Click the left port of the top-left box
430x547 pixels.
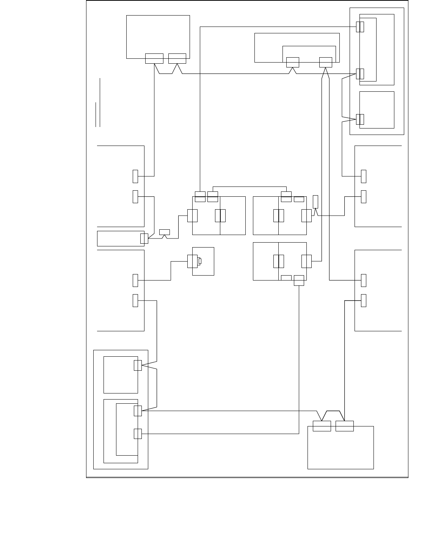(x=154, y=58)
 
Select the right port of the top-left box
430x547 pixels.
(x=177, y=58)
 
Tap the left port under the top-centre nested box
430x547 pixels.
(x=292, y=62)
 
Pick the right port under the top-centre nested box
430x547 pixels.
(x=326, y=62)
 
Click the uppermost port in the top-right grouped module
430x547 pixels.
(x=360, y=27)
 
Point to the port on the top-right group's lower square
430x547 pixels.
(x=360, y=119)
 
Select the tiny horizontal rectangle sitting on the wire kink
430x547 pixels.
(x=165, y=232)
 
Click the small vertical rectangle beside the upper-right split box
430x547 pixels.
(x=315, y=202)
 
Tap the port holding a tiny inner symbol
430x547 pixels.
(x=192, y=262)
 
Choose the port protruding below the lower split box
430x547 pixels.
(x=299, y=281)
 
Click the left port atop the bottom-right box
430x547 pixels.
(x=322, y=426)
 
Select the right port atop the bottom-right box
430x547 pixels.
(x=344, y=426)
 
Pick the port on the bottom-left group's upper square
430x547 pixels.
(x=138, y=365)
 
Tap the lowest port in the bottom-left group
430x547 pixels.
(x=138, y=434)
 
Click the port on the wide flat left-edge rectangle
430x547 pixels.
(x=144, y=238)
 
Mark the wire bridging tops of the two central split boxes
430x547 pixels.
(x=250, y=187)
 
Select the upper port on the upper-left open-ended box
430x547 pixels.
(x=135, y=176)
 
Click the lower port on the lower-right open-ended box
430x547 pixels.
(x=364, y=300)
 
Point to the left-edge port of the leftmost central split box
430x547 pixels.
(x=192, y=215)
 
